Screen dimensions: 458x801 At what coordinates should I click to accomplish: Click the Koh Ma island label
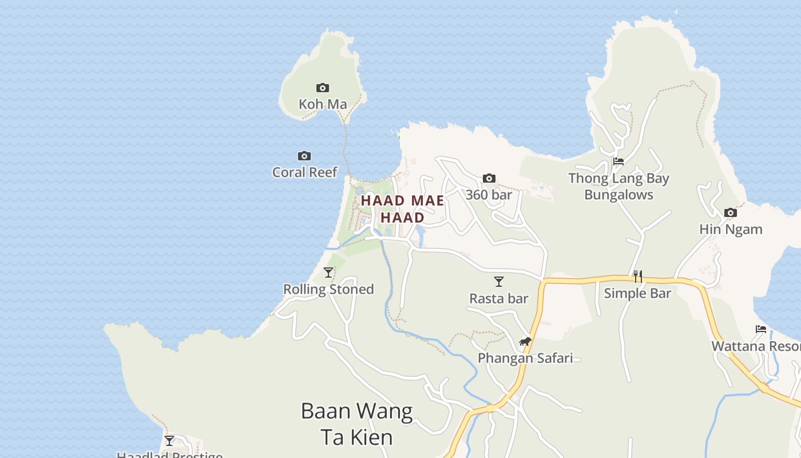323,104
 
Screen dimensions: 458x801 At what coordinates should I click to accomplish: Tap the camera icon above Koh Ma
323,88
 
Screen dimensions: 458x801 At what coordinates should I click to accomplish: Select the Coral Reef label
304,172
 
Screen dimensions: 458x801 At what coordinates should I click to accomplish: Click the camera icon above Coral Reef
304,156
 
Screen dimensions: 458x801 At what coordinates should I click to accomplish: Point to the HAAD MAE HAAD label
402,209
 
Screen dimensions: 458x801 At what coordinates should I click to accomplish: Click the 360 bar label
489,195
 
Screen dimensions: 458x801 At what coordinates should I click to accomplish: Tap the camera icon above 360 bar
489,178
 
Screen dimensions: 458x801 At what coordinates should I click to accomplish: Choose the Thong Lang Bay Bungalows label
618,187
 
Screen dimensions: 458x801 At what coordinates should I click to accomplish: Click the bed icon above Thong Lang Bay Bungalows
618,161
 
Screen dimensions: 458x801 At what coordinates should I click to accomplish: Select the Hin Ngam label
731,230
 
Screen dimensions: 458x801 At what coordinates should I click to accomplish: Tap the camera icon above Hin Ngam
731,212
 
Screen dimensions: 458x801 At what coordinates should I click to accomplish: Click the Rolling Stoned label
328,289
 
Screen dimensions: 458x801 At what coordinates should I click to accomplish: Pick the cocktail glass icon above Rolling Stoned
328,272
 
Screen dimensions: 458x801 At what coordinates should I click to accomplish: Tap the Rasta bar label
499,298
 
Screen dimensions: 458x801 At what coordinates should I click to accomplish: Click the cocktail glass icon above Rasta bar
499,281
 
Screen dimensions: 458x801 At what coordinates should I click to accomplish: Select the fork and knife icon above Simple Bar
637,277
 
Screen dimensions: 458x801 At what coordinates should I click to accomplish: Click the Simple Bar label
637,293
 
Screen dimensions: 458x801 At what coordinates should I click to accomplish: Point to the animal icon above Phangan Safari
525,342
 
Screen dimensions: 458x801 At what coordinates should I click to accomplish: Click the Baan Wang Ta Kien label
356,424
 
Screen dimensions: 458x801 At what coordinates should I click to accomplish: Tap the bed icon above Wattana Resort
761,329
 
